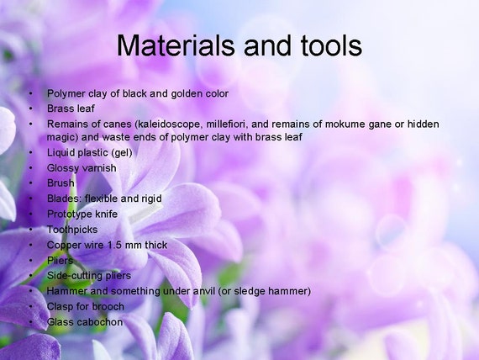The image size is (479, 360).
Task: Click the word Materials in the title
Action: (176, 45)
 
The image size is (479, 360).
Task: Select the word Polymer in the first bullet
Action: (66, 93)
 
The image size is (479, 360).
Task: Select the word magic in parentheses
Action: (62, 137)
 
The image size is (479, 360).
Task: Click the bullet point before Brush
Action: (30, 183)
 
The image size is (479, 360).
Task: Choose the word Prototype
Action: (70, 214)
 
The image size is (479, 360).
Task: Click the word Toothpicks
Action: (72, 230)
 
